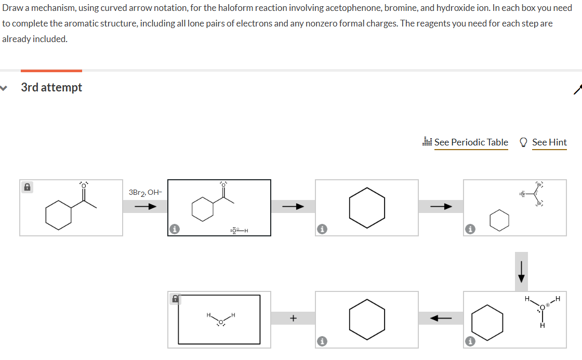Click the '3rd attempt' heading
51,87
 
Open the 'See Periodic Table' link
471,142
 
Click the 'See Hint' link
549,142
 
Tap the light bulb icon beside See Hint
524,142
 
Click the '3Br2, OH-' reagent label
145,192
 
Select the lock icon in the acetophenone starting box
27,186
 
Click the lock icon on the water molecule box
176,299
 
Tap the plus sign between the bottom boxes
293,317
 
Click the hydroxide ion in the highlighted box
240,231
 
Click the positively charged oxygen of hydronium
543,308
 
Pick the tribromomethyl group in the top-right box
535,194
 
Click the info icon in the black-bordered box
174,229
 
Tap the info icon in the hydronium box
470,341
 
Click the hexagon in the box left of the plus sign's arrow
367,319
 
